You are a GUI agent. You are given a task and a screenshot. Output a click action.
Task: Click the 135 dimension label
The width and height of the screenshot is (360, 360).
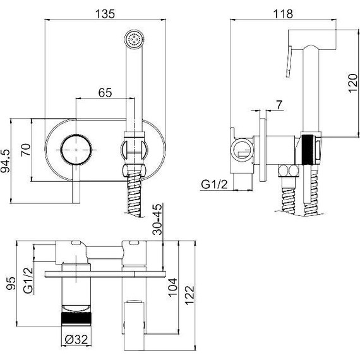(105, 14)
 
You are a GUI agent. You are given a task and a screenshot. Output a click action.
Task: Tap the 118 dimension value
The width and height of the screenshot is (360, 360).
(283, 14)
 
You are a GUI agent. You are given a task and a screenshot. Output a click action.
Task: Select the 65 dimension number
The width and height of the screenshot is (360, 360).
(105, 93)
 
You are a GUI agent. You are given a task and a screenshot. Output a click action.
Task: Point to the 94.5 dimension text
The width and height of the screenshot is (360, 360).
(6, 160)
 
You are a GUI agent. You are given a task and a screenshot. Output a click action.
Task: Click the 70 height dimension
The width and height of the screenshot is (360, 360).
(26, 150)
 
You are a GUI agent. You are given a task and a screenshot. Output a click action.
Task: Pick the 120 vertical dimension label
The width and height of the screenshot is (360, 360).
(353, 83)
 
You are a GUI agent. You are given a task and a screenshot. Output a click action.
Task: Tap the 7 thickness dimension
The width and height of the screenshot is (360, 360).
(279, 105)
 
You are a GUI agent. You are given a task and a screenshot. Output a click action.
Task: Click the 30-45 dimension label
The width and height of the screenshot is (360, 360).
(157, 219)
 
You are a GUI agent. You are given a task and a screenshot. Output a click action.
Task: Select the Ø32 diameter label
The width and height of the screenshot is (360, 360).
(76, 340)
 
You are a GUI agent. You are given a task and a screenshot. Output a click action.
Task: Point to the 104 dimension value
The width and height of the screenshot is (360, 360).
(173, 287)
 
